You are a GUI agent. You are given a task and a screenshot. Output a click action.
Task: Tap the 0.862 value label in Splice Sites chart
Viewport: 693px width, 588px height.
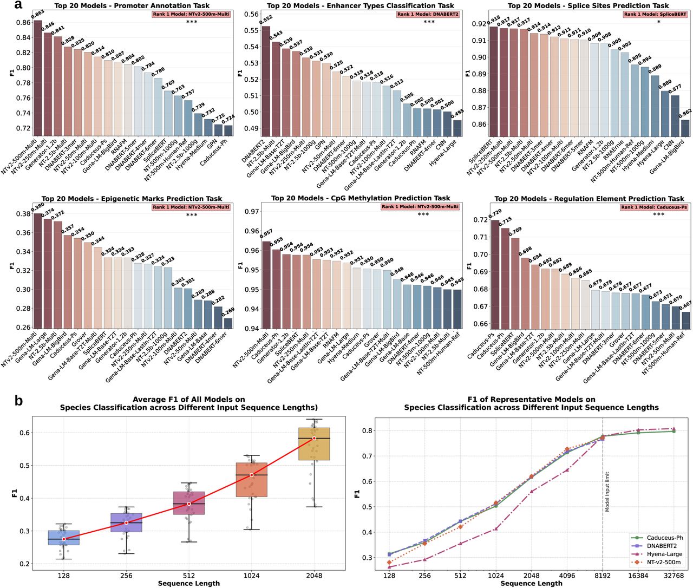(x=685, y=112)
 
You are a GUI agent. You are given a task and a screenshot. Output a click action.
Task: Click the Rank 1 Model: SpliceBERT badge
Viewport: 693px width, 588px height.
(x=655, y=14)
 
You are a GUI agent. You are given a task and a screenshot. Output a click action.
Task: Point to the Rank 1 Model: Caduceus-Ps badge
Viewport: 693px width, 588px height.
(x=654, y=207)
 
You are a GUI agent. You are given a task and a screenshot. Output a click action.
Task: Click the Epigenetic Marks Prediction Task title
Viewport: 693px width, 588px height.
(x=132, y=199)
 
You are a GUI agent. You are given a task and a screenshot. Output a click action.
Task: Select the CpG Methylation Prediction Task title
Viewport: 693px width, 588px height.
(x=361, y=198)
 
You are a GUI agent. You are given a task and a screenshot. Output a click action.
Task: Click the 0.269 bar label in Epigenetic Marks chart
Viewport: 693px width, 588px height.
(x=228, y=311)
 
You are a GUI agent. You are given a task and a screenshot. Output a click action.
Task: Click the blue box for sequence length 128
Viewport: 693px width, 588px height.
(x=64, y=538)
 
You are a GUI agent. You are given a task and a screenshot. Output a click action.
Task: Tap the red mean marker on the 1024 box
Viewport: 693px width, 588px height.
(x=251, y=475)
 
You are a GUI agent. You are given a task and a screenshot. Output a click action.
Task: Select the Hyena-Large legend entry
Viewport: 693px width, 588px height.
(x=656, y=554)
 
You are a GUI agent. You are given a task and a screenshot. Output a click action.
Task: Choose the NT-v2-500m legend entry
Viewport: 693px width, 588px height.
(x=656, y=562)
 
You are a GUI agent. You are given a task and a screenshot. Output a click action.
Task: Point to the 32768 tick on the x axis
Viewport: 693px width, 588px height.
(x=674, y=576)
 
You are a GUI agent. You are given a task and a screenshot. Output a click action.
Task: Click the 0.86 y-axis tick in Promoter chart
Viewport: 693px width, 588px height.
(x=23, y=23)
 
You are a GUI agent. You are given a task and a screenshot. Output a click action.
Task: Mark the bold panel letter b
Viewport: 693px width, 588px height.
(x=18, y=401)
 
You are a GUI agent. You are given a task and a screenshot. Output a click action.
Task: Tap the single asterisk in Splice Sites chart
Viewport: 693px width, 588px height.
(x=658, y=22)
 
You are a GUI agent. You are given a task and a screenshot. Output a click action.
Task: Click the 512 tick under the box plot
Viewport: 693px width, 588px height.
(x=189, y=576)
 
